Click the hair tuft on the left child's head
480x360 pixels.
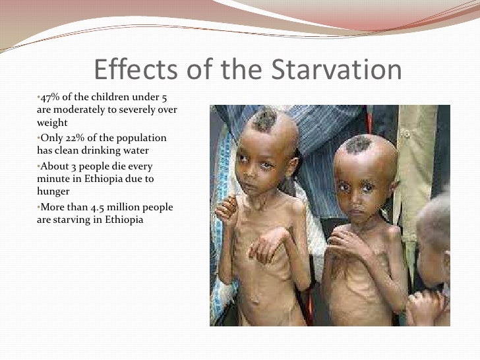click(265, 120)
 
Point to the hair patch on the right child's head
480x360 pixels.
click(361, 144)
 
